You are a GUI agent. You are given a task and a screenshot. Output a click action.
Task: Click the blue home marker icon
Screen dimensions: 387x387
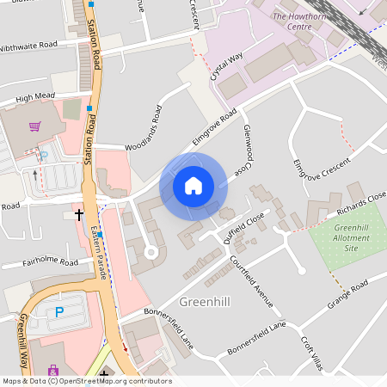[193, 185]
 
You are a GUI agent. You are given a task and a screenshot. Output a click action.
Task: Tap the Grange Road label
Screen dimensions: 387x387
[347, 295]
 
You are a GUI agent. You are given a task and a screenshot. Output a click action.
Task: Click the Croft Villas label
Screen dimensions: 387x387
[312, 353]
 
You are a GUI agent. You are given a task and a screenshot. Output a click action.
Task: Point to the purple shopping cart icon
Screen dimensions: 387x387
[34, 126]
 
